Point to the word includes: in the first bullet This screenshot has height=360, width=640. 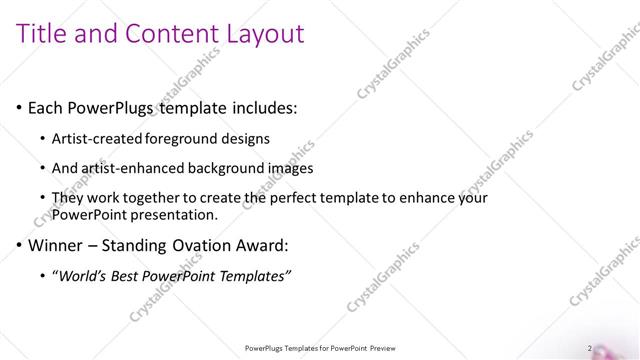coord(261,108)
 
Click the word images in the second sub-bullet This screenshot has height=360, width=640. coord(292,169)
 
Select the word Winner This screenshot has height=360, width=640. coord(56,245)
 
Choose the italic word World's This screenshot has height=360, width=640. coord(83,275)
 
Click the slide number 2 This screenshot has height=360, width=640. coord(590,348)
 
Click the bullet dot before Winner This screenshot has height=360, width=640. coord(20,245)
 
